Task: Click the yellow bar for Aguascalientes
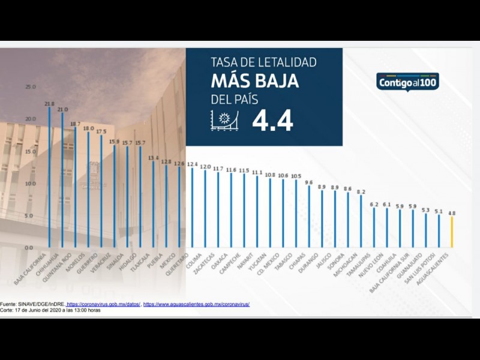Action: pos(452,232)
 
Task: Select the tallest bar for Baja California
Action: pos(49,177)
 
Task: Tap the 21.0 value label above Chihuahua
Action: pos(62,110)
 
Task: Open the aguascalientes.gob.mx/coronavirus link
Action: pos(196,304)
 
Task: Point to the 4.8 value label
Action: pos(452,212)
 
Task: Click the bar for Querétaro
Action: pos(193,207)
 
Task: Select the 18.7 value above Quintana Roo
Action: pos(76,124)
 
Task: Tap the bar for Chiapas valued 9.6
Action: pos(309,216)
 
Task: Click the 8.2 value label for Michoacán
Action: pos(361,191)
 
